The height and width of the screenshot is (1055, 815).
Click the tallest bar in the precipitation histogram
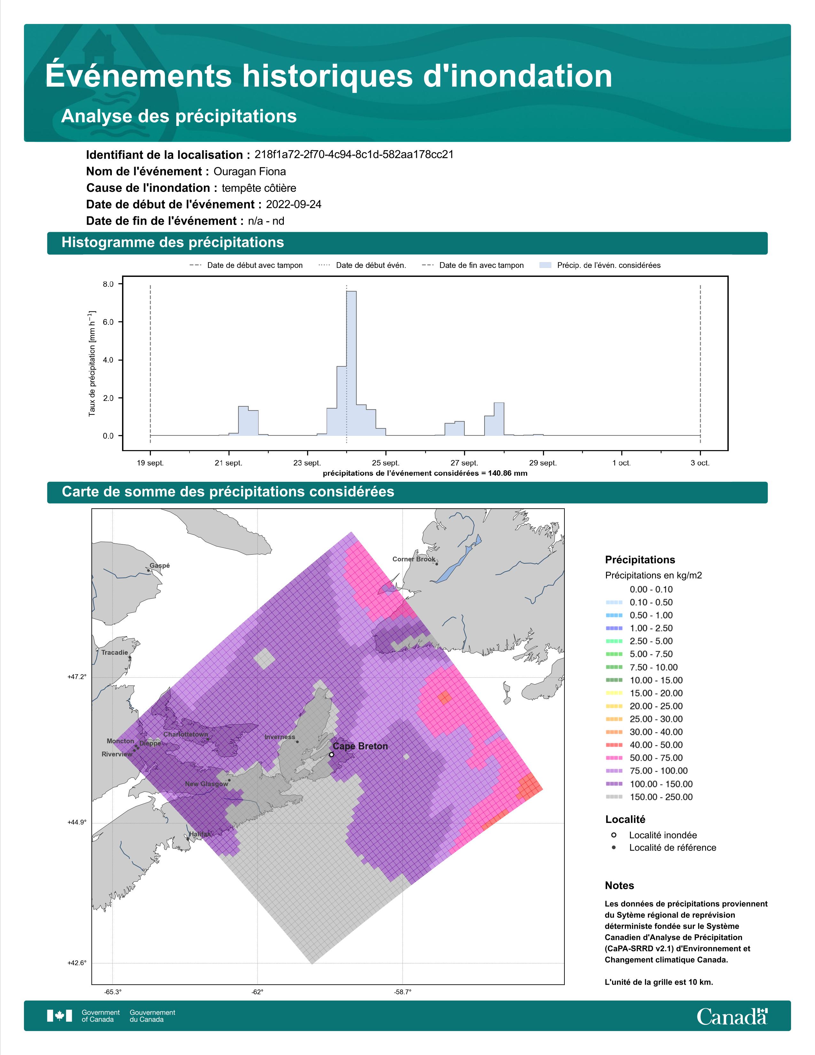(x=352, y=363)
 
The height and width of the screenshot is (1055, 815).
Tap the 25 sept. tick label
(x=386, y=463)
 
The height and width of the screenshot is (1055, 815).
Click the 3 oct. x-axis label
(x=700, y=463)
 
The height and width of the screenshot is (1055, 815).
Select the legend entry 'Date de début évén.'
(x=363, y=265)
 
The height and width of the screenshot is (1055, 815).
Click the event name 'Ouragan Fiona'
(x=250, y=171)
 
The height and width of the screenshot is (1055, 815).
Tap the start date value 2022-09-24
(x=293, y=204)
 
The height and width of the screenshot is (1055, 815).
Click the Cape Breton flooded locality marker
(x=331, y=754)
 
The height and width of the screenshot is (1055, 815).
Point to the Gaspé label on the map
(x=159, y=566)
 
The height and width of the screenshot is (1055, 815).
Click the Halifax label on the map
(x=200, y=834)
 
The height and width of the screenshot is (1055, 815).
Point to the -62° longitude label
(x=257, y=992)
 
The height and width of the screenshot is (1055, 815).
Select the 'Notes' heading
(x=619, y=886)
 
